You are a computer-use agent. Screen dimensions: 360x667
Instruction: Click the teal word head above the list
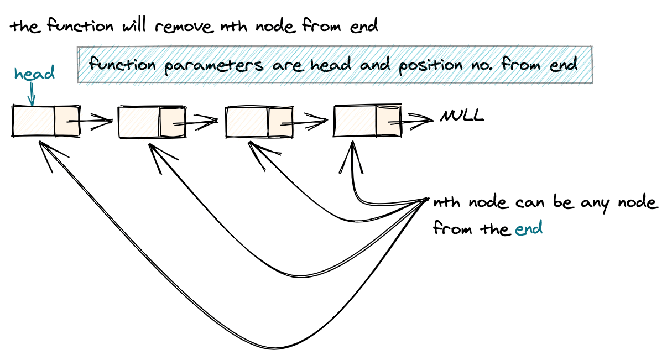point(34,74)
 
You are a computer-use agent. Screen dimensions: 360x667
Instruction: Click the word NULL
point(462,116)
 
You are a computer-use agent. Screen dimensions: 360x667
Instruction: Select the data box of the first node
point(33,121)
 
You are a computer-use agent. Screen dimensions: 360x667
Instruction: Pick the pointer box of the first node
point(67,121)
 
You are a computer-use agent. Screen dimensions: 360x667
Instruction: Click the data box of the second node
point(139,121)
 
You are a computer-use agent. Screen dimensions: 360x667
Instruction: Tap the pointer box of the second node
point(172,121)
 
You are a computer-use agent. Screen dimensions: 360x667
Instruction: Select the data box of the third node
point(247,121)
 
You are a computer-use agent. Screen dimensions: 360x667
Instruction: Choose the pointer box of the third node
point(280,121)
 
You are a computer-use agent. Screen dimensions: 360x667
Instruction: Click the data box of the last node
point(355,120)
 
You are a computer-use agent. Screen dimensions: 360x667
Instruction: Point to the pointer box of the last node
point(388,120)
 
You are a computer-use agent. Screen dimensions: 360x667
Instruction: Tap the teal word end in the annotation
point(529,228)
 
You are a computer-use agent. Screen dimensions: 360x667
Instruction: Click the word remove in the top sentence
point(185,26)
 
